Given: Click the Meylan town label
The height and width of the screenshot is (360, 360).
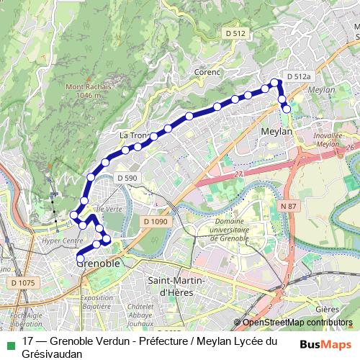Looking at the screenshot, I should point(276,132).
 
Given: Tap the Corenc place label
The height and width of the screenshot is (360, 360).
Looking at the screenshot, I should point(207,72).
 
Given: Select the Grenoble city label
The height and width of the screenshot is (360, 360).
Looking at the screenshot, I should point(98,264).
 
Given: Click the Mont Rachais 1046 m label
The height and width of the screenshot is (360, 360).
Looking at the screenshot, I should point(89,91).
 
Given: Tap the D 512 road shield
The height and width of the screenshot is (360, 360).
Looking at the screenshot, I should point(235,33).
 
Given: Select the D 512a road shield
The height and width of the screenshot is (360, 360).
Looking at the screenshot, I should point(298,76).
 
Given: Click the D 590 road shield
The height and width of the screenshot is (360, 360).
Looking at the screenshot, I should point(127,178).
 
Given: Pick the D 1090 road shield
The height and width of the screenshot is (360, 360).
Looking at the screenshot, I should point(155,222).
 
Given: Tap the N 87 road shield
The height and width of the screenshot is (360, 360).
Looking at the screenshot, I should point(288,206).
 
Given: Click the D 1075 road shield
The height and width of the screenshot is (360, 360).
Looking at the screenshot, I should point(22,283).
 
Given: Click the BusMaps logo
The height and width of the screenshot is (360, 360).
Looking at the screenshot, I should point(325,343).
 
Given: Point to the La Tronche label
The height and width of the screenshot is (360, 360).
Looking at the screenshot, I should point(134,135).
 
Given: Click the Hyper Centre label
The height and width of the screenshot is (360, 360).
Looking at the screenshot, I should point(63,240).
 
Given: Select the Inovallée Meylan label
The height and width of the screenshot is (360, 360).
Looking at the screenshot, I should point(328,140).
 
